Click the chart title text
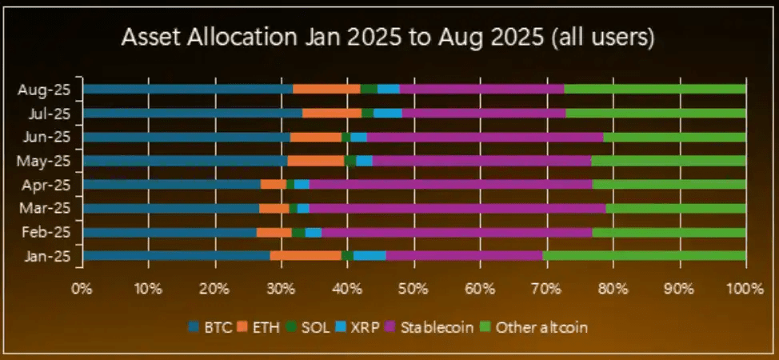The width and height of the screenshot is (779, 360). click(389, 38)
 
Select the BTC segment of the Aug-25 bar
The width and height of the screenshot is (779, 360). click(188, 89)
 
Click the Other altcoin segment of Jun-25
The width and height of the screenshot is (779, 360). click(674, 137)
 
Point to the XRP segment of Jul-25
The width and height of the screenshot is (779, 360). click(388, 113)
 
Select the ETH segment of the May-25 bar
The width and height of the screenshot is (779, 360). click(316, 161)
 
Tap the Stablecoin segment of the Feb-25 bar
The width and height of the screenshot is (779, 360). click(457, 232)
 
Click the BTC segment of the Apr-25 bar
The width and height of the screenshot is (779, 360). click(172, 185)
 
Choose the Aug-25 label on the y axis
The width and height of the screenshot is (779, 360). click(44, 90)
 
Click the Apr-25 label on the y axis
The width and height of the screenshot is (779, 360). click(44, 185)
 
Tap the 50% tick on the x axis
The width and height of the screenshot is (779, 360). click(413, 286)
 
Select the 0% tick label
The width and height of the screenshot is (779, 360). click(82, 286)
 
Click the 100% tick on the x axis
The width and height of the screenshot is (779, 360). click(745, 286)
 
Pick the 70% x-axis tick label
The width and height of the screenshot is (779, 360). click(545, 286)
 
